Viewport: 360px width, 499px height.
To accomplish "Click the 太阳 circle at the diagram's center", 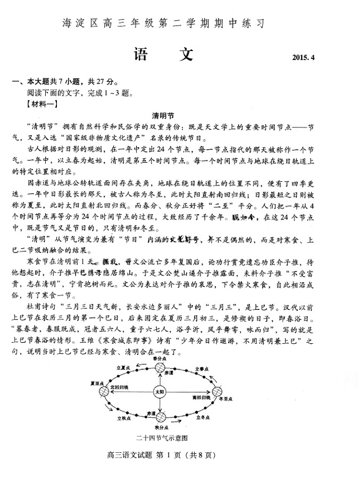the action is click(160, 392).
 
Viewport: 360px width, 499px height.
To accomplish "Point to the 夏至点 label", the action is click(97, 383).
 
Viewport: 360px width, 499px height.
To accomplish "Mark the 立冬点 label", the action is click(203, 417).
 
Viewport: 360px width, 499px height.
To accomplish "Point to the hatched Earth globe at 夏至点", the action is click(104, 392).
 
